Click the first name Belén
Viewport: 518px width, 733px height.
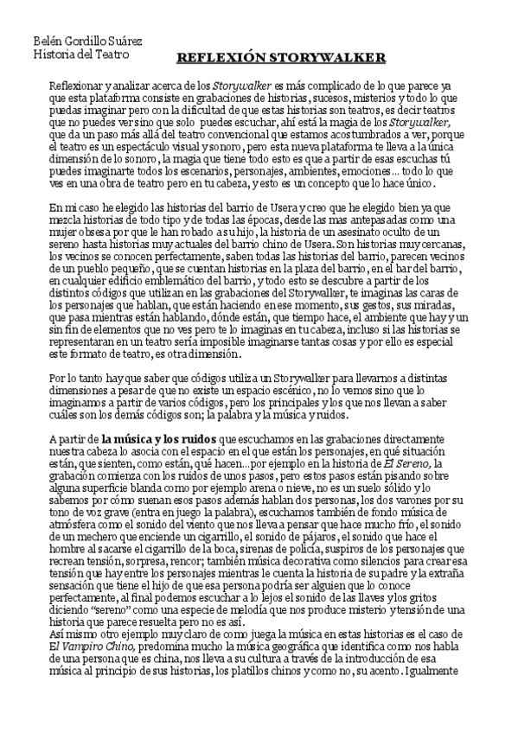45,41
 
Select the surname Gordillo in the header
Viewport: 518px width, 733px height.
80,41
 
